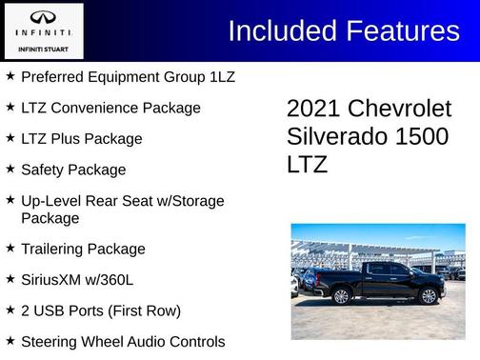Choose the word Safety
coord(45,170)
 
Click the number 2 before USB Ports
coord(26,310)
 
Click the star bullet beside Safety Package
coord(10,169)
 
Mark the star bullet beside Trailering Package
coord(10,249)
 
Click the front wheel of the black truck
coord(427,296)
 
